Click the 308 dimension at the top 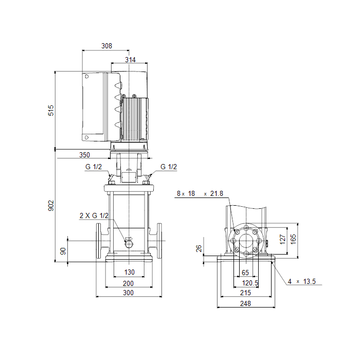[107, 46]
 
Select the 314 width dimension [130, 60]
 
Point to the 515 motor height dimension [51, 111]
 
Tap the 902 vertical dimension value [51, 206]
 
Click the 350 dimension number [84, 155]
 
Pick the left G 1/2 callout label [94, 167]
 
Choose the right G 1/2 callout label [169, 167]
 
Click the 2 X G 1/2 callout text [94, 215]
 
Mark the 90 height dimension [63, 251]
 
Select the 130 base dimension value [129, 272]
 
